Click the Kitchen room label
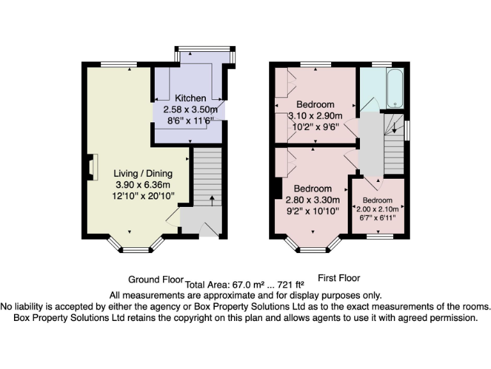pos(191,98)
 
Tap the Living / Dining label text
pos(143,174)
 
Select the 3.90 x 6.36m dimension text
pos(143,184)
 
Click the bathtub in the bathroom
pos(393,89)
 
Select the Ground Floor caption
pos(156,280)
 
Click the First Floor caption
pos(339,278)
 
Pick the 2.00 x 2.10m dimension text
pos(377,209)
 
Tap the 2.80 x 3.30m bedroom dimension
pos(313,199)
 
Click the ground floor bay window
pos(134,249)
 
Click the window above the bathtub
pos(382,64)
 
